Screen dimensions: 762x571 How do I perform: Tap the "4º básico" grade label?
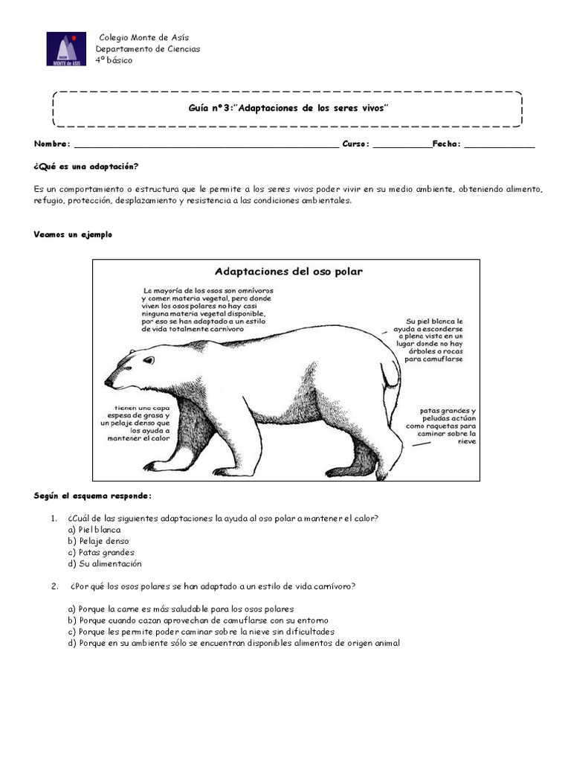114,60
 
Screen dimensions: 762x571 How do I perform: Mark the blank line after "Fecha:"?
499,144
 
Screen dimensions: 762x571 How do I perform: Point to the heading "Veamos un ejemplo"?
73,234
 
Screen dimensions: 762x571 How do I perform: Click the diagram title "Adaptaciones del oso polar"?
288,272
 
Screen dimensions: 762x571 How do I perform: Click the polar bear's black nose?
109,382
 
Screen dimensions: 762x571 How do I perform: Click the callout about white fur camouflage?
430,339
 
